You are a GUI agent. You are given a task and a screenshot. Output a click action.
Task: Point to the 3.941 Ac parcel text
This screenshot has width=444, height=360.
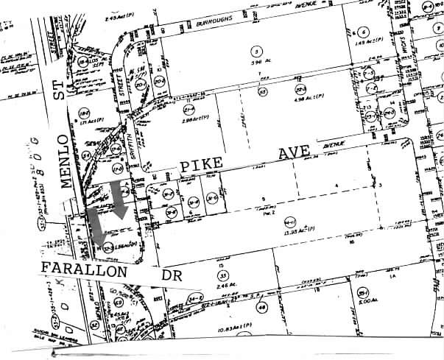tap(256, 63)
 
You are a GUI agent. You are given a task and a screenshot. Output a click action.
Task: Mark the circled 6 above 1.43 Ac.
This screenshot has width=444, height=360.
tap(362, 32)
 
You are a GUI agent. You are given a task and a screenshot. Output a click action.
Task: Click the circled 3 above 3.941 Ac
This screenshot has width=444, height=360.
tap(256, 51)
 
